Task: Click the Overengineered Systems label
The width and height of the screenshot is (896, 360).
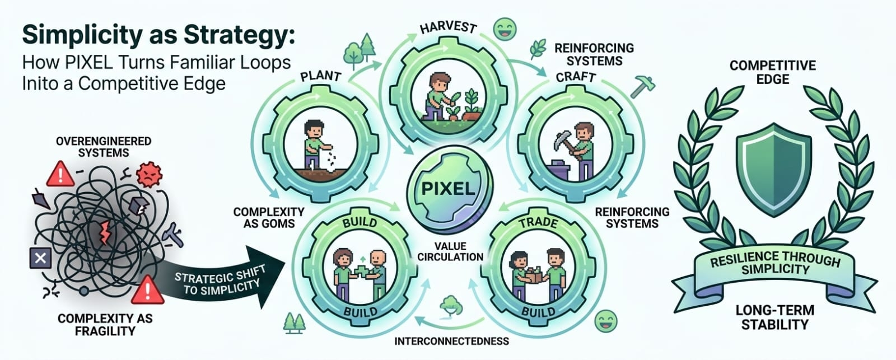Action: pyautogui.click(x=104, y=147)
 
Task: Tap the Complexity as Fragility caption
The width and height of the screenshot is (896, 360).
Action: pyautogui.click(x=105, y=324)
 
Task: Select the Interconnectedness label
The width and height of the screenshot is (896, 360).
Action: pyautogui.click(x=451, y=340)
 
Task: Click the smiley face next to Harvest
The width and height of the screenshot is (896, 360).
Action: pyautogui.click(x=505, y=29)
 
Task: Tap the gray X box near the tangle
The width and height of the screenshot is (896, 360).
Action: pyautogui.click(x=40, y=258)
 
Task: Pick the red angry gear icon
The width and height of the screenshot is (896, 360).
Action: pyautogui.click(x=148, y=174)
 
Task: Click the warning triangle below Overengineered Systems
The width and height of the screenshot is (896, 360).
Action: pyautogui.click(x=60, y=174)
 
